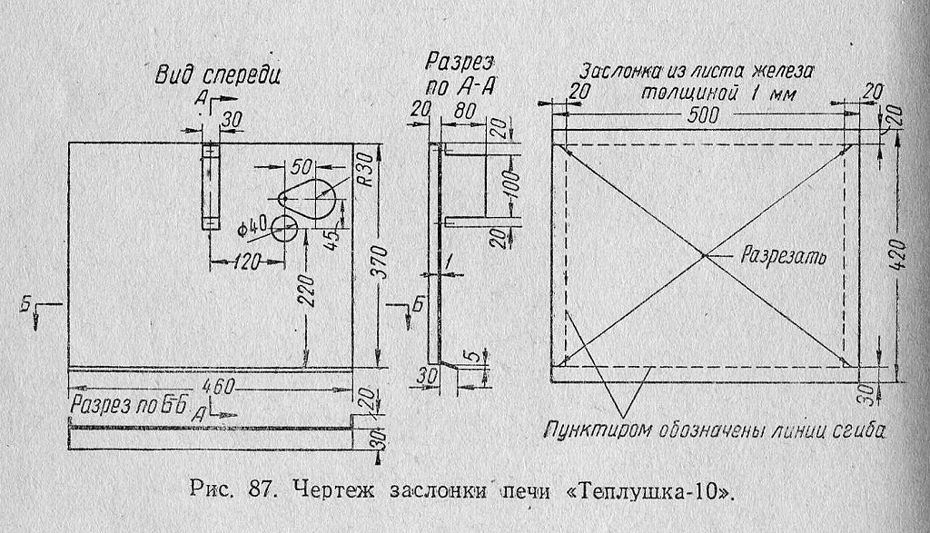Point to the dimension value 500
(703, 115)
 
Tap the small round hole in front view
(286, 229)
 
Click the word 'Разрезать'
(784, 255)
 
